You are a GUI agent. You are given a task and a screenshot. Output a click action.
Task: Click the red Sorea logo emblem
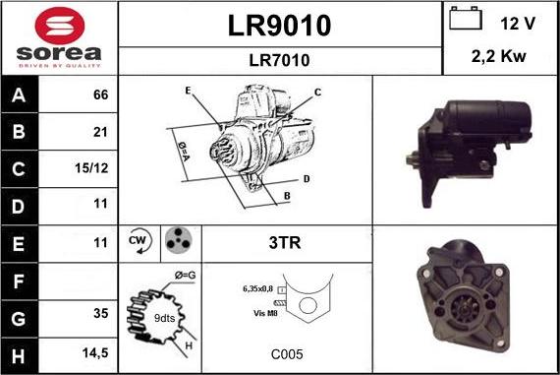pyautogui.click(x=60, y=26)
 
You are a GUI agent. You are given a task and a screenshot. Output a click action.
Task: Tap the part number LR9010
pyautogui.click(x=279, y=26)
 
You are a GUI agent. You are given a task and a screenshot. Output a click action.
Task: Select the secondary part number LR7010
pyautogui.click(x=279, y=60)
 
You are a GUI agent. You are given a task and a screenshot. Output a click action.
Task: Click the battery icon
pyautogui.click(x=466, y=18)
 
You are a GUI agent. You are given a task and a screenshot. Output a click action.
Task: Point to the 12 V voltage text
pyautogui.click(x=518, y=24)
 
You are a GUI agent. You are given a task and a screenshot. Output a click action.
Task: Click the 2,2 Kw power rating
pyautogui.click(x=498, y=56)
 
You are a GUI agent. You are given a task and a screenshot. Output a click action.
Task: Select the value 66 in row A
pyautogui.click(x=101, y=94)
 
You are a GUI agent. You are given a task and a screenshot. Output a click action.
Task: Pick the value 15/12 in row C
pyautogui.click(x=91, y=168)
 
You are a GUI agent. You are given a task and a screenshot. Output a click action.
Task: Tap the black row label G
pyautogui.click(x=19, y=319)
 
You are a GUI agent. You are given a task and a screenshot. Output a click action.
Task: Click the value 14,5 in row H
pyautogui.click(x=95, y=352)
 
